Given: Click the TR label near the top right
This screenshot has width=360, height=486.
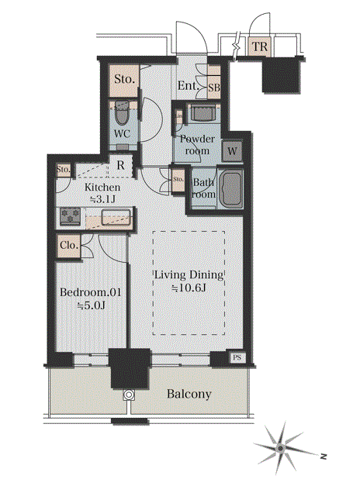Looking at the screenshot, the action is tap(260, 47).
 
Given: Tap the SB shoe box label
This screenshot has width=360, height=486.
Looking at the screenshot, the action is tap(214, 88).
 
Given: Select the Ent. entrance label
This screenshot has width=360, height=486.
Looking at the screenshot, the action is tap(188, 85).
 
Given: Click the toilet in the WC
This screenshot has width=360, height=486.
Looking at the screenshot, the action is tap(122, 113).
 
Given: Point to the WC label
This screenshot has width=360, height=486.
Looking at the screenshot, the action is tap(122, 134).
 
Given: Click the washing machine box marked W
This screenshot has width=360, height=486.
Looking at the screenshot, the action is tap(232, 151).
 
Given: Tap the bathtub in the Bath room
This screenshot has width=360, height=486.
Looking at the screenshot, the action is tap(230, 189).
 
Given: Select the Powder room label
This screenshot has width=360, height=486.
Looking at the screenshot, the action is tap(197, 145).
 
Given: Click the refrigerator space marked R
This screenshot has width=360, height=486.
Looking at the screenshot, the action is tap(120, 166).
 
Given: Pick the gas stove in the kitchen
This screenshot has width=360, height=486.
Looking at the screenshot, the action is tap(71, 216).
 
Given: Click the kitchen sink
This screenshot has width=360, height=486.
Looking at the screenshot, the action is tap(116, 217).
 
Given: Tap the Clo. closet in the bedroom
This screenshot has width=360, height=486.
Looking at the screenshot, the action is tap(68, 246).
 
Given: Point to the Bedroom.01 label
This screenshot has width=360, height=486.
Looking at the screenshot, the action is tap(90, 292).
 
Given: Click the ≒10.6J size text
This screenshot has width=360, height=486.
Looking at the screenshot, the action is tap(189, 288).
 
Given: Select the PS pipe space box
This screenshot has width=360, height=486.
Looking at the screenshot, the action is tap(237, 357).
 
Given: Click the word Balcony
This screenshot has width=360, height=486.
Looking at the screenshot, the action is tap(189, 394).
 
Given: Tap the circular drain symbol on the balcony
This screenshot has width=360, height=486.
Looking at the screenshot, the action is tap(129, 395).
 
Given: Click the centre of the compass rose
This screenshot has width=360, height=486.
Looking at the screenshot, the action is tap(281, 448).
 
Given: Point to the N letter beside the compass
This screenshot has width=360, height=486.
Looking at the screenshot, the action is tap(324, 457).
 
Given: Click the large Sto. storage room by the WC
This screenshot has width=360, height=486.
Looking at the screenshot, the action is tap(124, 81).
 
